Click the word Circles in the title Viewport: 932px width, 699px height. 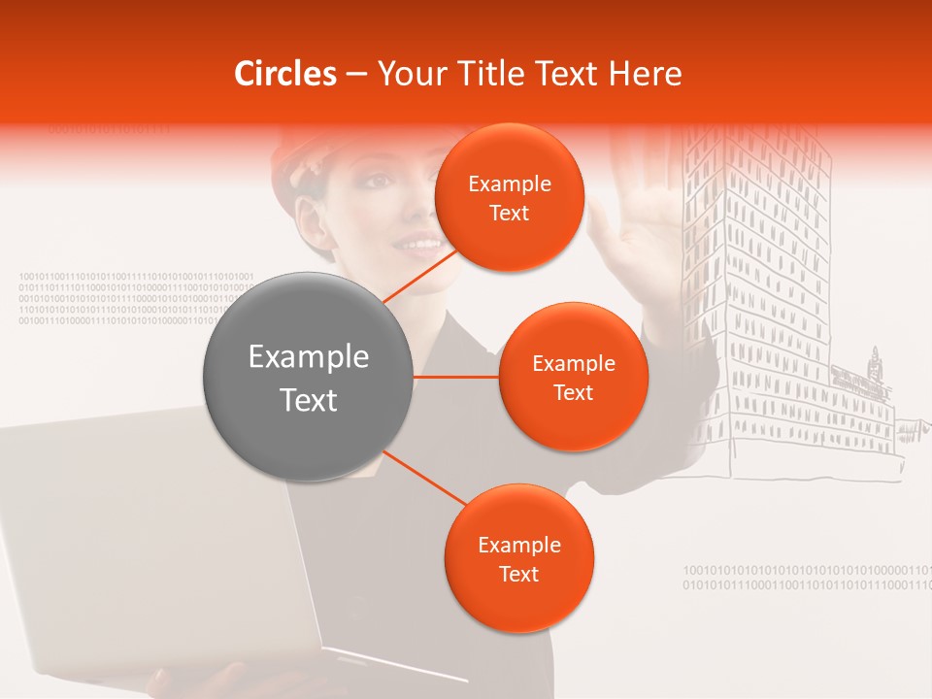click(285, 74)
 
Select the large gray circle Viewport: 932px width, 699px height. click(308, 378)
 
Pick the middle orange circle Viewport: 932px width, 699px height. click(573, 378)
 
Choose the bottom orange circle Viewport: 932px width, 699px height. click(518, 559)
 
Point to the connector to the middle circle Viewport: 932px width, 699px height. click(456, 377)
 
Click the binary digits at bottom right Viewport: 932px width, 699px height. click(806, 578)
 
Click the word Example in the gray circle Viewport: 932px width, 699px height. click(308, 357)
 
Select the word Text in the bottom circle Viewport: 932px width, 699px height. click(518, 574)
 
